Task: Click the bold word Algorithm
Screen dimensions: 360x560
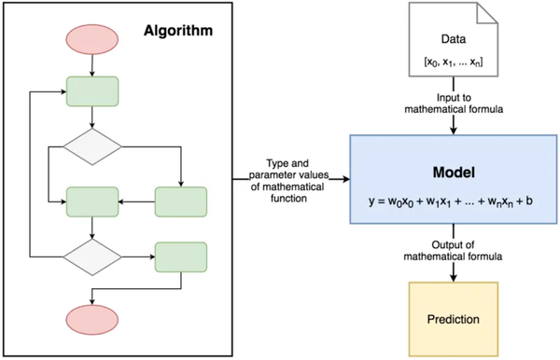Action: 178,30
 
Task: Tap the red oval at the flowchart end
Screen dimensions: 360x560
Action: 91,319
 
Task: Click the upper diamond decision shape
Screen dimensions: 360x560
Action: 91,146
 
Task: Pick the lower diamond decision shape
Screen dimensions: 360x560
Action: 91,255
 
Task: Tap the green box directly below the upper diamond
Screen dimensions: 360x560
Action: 91,201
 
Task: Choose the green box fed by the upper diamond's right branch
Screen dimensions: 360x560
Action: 180,201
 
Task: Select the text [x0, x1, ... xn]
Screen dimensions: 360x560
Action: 455,62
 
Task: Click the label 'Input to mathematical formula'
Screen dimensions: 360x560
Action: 455,104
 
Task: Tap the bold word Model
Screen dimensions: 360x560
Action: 455,173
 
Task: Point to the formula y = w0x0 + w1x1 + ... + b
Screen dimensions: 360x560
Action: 455,200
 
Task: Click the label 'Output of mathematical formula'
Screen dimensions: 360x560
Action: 455,249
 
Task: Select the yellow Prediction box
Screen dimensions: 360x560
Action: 455,319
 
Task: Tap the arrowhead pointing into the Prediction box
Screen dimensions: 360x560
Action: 455,277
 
